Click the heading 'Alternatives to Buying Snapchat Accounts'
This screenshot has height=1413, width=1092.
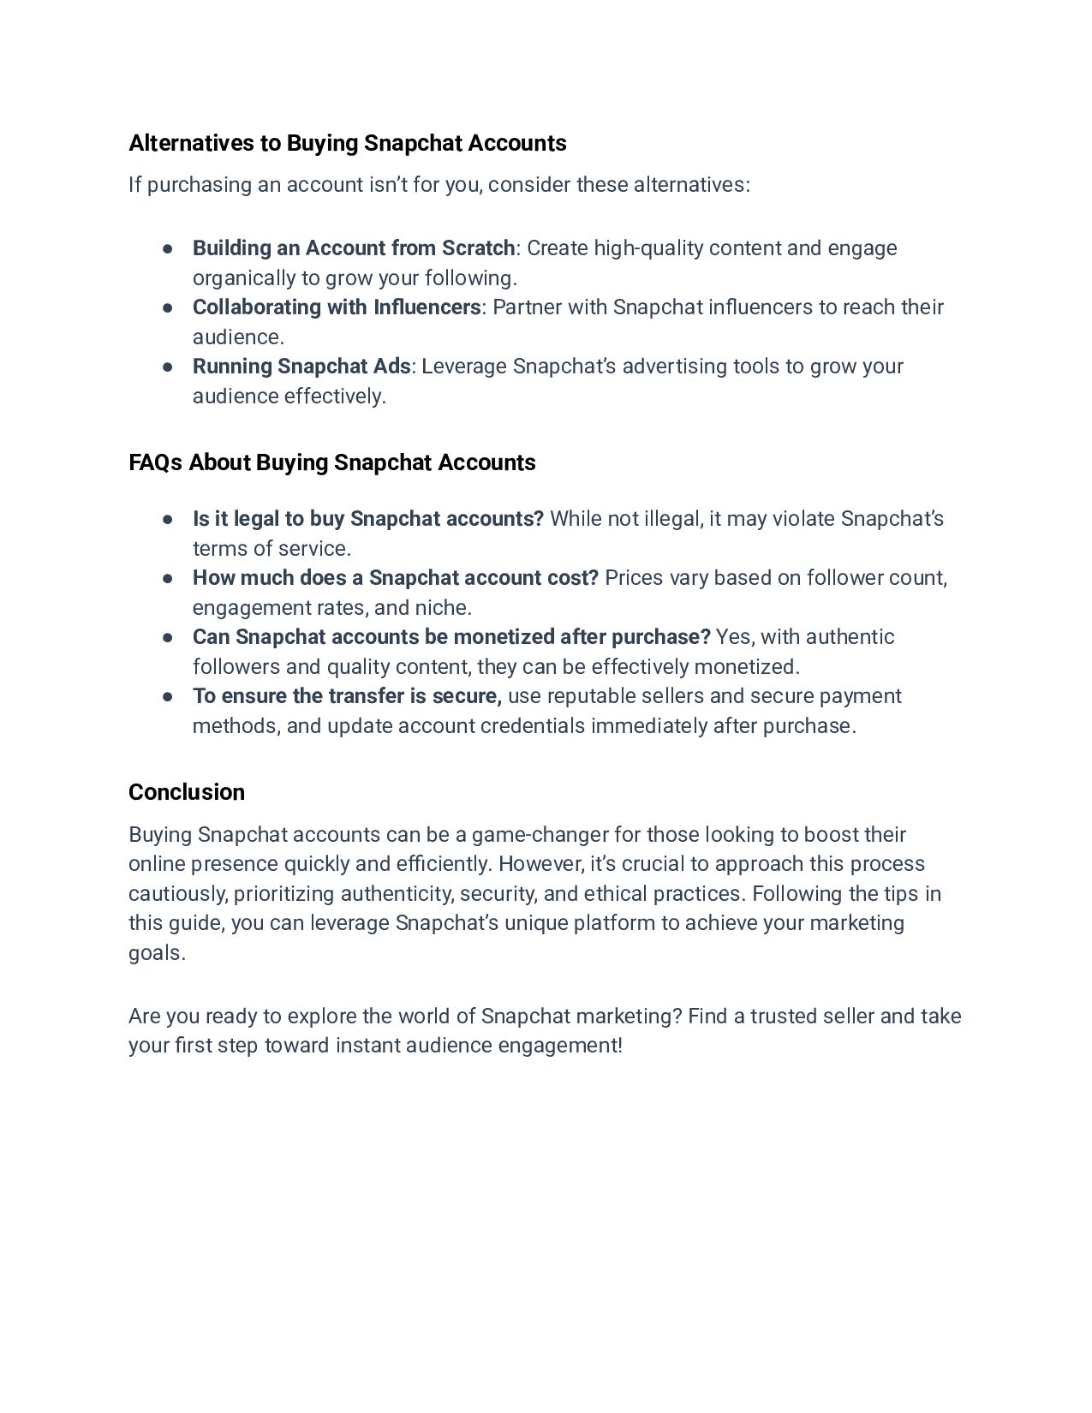347,143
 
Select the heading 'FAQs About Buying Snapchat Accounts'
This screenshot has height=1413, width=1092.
331,462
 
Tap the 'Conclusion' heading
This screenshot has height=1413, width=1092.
186,792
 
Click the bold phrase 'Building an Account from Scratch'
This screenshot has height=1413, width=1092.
353,248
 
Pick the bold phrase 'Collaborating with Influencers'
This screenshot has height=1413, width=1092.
336,307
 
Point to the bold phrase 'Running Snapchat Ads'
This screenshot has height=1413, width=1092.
301,367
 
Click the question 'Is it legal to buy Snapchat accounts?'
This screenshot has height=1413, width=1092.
367,519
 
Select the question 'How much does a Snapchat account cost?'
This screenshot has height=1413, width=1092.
395,578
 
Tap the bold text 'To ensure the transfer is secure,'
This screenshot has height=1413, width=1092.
347,696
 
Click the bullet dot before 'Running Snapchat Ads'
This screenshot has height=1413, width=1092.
168,367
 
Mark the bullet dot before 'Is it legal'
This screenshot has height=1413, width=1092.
168,519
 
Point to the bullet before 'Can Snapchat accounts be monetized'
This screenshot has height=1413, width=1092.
168,637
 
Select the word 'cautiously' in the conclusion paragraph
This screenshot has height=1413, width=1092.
177,894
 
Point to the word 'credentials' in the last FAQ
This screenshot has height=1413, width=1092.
533,726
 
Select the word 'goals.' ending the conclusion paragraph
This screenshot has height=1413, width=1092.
157,953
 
